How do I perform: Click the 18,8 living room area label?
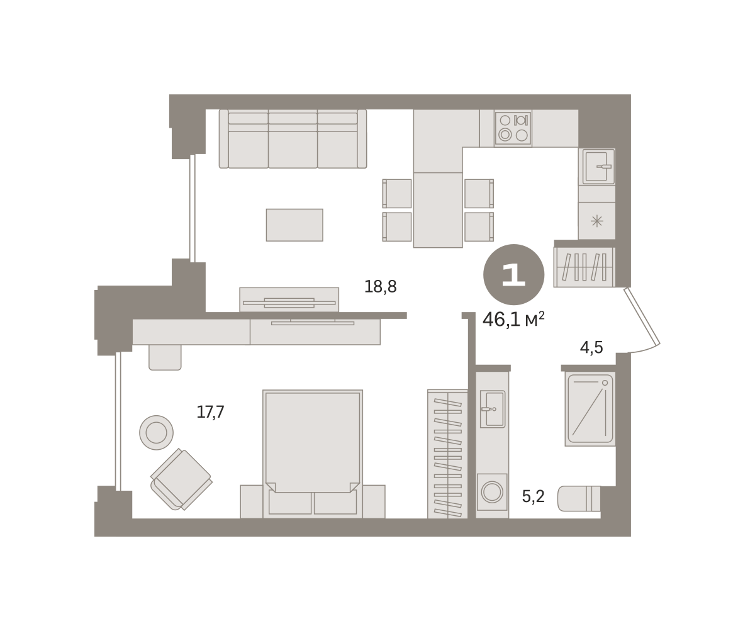[x=381, y=287]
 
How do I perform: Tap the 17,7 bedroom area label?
[x=210, y=412]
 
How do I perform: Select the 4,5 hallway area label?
[x=591, y=347]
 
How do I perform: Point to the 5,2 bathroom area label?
[x=534, y=496]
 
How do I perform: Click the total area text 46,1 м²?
[x=513, y=319]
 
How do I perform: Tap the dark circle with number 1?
[x=514, y=274]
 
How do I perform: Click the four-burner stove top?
[x=513, y=128]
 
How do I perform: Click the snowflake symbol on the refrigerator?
[x=597, y=221]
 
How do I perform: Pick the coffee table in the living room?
[x=294, y=225]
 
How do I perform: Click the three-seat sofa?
[x=293, y=139]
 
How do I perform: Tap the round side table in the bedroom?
[x=156, y=432]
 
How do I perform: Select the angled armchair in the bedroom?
[x=181, y=479]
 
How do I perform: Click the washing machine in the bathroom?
[x=492, y=492]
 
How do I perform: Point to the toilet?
[x=579, y=499]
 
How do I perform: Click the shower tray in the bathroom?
[x=590, y=409]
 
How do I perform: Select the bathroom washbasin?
[x=493, y=409]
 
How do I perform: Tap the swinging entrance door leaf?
[x=642, y=316]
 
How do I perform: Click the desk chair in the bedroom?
[x=165, y=357]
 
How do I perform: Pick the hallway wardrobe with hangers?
[x=584, y=267]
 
